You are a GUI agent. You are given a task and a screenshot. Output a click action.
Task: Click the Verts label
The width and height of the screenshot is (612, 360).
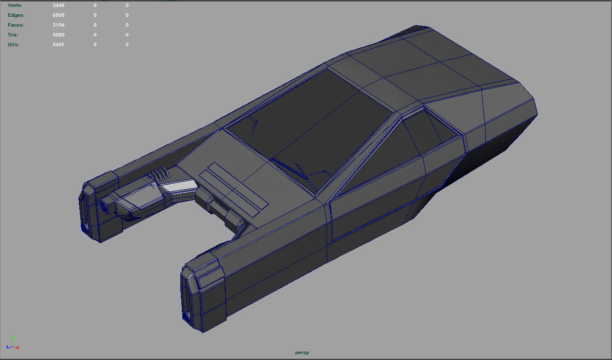(x=15, y=5)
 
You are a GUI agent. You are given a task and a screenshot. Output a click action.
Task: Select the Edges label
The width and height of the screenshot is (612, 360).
(x=16, y=15)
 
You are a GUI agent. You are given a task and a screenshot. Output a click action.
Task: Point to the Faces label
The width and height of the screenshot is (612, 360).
(x=16, y=25)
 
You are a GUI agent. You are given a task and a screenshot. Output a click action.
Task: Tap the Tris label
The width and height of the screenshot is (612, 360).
(x=13, y=35)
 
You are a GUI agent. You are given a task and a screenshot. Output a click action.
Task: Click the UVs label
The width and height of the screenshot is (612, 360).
(x=14, y=45)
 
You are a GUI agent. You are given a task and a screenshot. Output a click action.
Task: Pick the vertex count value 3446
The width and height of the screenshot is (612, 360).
(x=59, y=5)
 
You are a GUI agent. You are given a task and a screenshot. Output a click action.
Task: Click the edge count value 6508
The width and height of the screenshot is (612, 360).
(x=59, y=15)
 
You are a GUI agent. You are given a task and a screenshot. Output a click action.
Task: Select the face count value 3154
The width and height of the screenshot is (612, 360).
(x=59, y=25)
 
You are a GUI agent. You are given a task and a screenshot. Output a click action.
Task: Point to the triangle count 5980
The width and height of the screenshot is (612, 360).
(x=59, y=35)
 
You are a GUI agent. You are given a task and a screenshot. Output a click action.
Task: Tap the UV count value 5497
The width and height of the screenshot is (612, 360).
(x=59, y=45)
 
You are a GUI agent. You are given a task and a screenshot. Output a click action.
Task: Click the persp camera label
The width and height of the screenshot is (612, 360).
(x=302, y=353)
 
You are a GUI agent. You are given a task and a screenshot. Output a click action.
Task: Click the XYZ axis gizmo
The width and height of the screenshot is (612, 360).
(x=12, y=344)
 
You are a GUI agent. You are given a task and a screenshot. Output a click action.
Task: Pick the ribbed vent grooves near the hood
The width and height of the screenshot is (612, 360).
(x=159, y=173)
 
